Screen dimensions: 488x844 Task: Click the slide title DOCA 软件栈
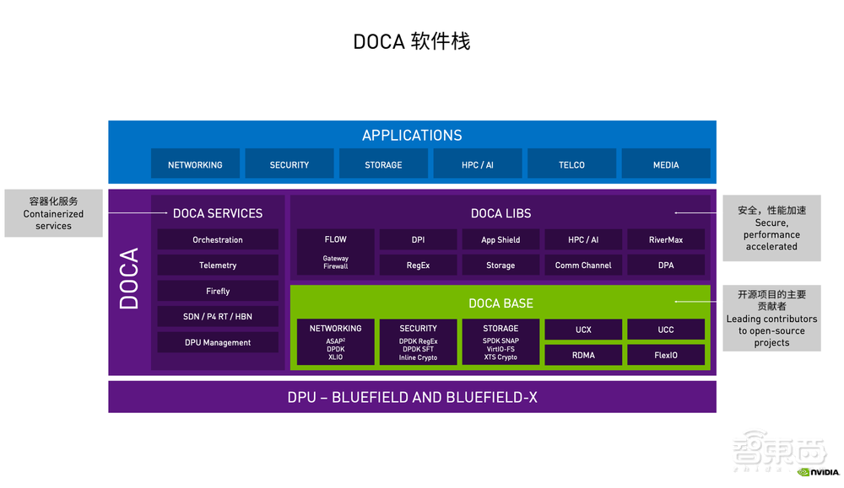tap(411, 41)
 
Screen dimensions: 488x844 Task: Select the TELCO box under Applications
tap(571, 164)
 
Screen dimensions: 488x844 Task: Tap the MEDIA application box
tap(666, 164)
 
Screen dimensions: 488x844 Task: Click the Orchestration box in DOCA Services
tap(218, 239)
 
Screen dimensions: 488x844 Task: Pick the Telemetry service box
tap(218, 265)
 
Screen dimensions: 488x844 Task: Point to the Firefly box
tap(218, 291)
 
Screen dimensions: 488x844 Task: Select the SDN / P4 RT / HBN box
tap(218, 316)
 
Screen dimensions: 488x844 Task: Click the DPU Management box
tap(218, 342)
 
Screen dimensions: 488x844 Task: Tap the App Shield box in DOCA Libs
tap(500, 239)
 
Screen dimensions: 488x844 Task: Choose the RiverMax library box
tap(666, 239)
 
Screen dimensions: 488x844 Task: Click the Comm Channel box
tap(583, 265)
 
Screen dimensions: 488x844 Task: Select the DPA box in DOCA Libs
tap(666, 265)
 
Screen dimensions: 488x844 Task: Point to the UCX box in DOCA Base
tap(583, 330)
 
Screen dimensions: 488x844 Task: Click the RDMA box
tap(583, 355)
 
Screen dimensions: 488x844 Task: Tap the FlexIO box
tap(666, 355)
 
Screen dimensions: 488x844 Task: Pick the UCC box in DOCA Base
tap(666, 330)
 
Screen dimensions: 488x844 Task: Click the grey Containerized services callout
tap(53, 213)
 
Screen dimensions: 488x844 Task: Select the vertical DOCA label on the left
tap(129, 279)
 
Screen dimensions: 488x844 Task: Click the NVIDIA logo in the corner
tap(818, 472)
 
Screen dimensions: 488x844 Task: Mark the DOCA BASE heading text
tap(500, 303)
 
